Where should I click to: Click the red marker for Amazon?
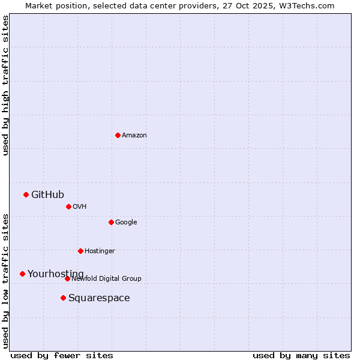(x=118, y=135)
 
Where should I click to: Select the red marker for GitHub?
(x=26, y=194)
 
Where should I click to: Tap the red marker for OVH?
(x=68, y=206)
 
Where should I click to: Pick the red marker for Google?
(x=111, y=222)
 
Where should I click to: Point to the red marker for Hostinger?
(x=80, y=251)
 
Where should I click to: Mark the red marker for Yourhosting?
(x=22, y=274)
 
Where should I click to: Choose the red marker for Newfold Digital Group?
(x=67, y=278)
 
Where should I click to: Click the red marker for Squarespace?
(x=63, y=298)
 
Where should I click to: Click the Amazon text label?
(x=134, y=135)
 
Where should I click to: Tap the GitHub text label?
(x=47, y=194)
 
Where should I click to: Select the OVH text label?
(x=80, y=206)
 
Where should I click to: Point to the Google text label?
(x=126, y=222)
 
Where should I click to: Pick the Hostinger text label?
(x=100, y=251)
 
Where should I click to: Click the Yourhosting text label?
(x=56, y=274)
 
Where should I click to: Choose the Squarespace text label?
(x=99, y=298)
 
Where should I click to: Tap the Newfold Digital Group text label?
(x=107, y=278)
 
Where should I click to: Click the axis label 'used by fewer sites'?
(x=62, y=355)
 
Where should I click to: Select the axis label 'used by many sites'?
(x=301, y=355)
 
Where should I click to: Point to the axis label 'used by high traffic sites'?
(x=5, y=85)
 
